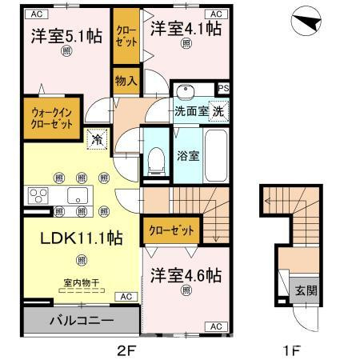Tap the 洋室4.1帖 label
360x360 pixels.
[x=185, y=30]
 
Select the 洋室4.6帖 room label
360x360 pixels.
[x=185, y=275]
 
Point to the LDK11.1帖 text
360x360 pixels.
[x=70, y=238]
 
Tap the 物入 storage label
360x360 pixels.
[x=126, y=81]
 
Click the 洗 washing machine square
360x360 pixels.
[x=218, y=112]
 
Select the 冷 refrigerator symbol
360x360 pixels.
[x=97, y=138]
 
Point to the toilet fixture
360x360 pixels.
[x=155, y=159]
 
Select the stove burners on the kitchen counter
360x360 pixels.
[x=38, y=195]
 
